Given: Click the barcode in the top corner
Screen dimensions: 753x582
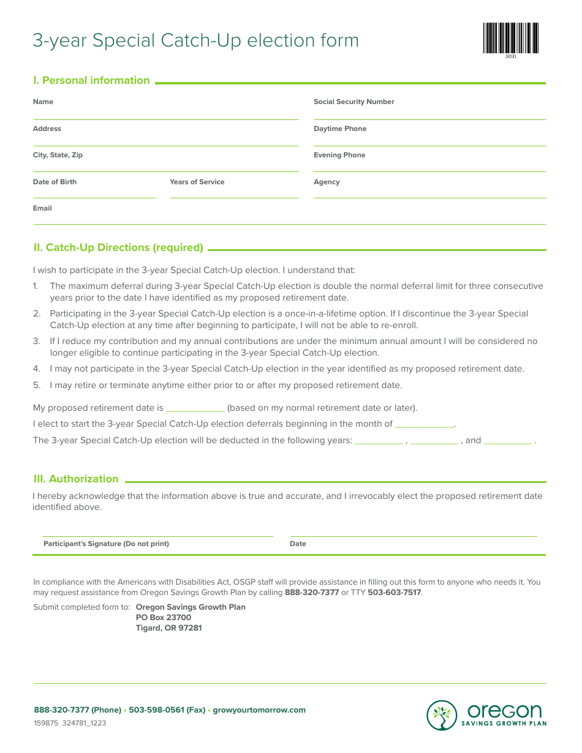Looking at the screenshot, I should [510, 39].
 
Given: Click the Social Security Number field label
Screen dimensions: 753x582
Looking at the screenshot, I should [353, 102].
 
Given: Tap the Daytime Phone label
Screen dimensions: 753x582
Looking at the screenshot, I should [340, 129].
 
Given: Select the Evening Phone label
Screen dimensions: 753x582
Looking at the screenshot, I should [339, 155].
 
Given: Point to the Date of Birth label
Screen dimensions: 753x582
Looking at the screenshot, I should [55, 182].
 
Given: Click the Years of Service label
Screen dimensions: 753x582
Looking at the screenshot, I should [197, 182].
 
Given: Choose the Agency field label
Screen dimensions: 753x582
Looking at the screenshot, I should [327, 182].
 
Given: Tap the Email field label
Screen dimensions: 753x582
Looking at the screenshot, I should [42, 208].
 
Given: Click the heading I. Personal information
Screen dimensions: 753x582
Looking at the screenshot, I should [91, 80].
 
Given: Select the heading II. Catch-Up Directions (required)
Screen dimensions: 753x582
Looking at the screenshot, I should [118, 247].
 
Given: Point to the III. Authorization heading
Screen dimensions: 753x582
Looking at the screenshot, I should [76, 479].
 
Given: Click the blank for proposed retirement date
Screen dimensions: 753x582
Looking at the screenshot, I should [195, 409].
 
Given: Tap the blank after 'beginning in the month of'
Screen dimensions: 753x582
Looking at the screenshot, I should [425, 425].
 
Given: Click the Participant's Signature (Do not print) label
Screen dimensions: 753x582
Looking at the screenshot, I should [106, 544].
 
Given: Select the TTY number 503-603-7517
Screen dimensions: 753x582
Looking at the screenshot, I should [394, 593].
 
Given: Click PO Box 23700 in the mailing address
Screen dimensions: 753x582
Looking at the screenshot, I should [164, 617].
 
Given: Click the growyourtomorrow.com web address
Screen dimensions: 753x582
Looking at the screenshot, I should [259, 710].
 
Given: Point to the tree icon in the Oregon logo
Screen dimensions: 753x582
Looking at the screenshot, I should [442, 715].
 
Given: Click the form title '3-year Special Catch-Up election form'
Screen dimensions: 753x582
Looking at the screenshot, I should [195, 40].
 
